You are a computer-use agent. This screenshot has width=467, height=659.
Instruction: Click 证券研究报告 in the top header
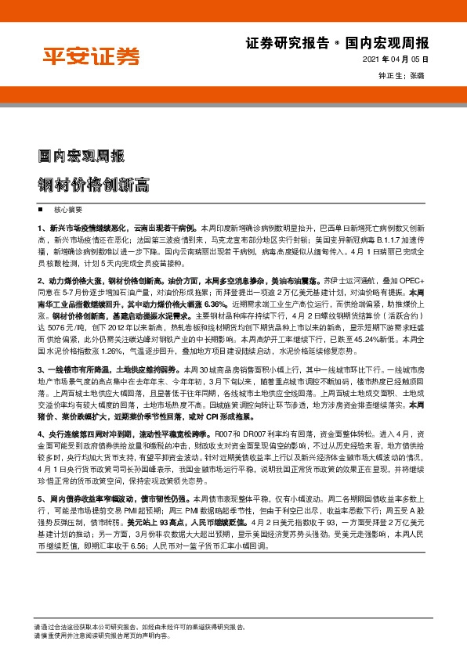pyautogui.click(x=277, y=44)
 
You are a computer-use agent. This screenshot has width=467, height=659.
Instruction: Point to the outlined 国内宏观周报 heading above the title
pyautogui.click(x=81, y=156)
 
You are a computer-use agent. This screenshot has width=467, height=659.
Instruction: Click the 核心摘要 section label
pyautogui.click(x=67, y=211)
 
